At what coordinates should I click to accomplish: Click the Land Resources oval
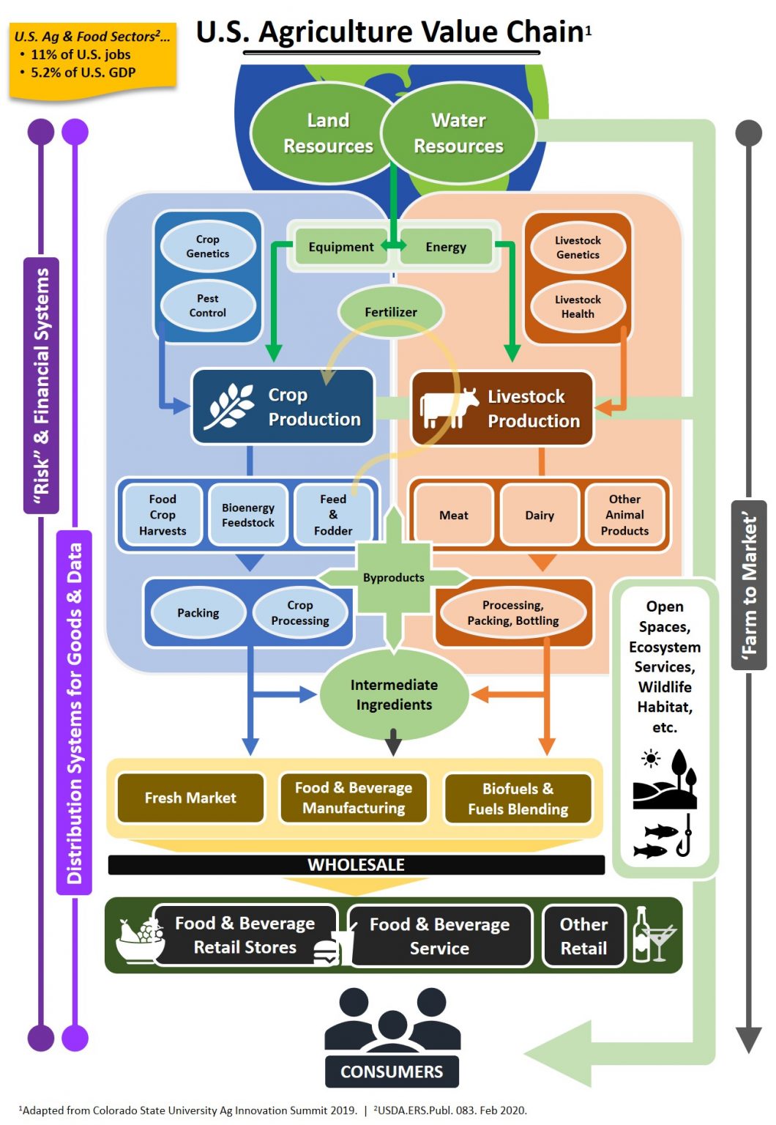[x=327, y=133]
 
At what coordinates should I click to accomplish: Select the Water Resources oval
[x=458, y=133]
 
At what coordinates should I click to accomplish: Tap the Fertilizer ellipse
[x=391, y=312]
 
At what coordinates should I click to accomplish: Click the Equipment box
[x=340, y=247]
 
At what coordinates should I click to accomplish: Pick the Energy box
[x=446, y=247]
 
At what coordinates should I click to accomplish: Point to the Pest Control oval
[x=207, y=305]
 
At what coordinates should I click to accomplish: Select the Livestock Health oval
[x=578, y=307]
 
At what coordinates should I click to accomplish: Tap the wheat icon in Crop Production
[x=228, y=406]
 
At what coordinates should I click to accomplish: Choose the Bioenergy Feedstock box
[x=248, y=515]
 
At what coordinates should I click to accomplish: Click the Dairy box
[x=540, y=515]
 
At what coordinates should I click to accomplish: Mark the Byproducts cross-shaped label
[x=394, y=577]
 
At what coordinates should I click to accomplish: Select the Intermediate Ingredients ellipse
[x=394, y=694]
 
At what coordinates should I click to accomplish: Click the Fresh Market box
[x=190, y=798]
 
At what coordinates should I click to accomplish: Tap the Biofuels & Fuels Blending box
[x=518, y=799]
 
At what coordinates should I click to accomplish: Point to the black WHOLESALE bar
[x=356, y=865]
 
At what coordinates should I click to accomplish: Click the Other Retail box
[x=583, y=936]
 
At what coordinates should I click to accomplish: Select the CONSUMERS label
[x=392, y=1072]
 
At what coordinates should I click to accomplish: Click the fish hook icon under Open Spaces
[x=684, y=839]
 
